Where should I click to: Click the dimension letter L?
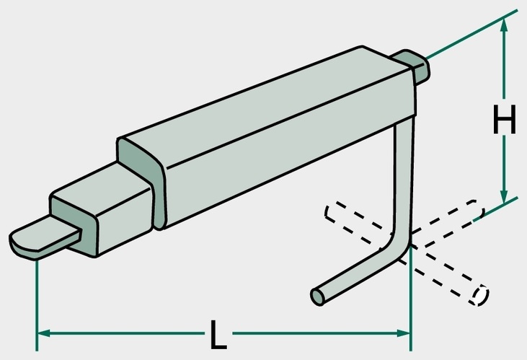(x=218, y=334)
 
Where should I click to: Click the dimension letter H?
(x=504, y=119)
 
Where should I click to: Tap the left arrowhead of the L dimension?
(x=43, y=333)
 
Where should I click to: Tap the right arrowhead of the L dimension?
(x=403, y=333)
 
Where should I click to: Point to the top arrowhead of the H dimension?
(x=503, y=25)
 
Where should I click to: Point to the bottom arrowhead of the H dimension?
(x=503, y=196)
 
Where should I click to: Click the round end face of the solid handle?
(x=317, y=297)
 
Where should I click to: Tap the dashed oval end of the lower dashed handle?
(x=479, y=295)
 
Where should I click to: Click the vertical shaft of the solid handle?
(x=403, y=175)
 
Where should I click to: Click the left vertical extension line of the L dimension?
(x=37, y=305)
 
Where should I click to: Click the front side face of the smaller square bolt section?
(x=124, y=222)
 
